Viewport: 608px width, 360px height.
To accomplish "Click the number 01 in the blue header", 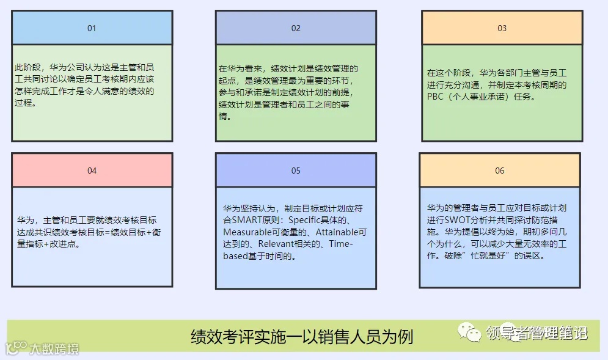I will tap(92, 28).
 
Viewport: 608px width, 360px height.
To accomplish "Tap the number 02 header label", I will tap(296, 28).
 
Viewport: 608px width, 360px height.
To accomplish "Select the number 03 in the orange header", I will tap(502, 28).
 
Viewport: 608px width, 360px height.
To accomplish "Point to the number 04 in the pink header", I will tap(92, 171).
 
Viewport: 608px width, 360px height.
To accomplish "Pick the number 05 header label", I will tap(296, 171).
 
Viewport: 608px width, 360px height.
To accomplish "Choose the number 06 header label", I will tap(500, 171).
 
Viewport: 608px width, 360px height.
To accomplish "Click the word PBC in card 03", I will tap(434, 97).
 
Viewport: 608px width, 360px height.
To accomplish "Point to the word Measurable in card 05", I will tap(246, 232).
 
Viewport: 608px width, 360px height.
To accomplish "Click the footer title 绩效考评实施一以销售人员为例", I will tap(302, 336).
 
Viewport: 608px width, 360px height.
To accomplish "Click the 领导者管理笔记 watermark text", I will tap(537, 333).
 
